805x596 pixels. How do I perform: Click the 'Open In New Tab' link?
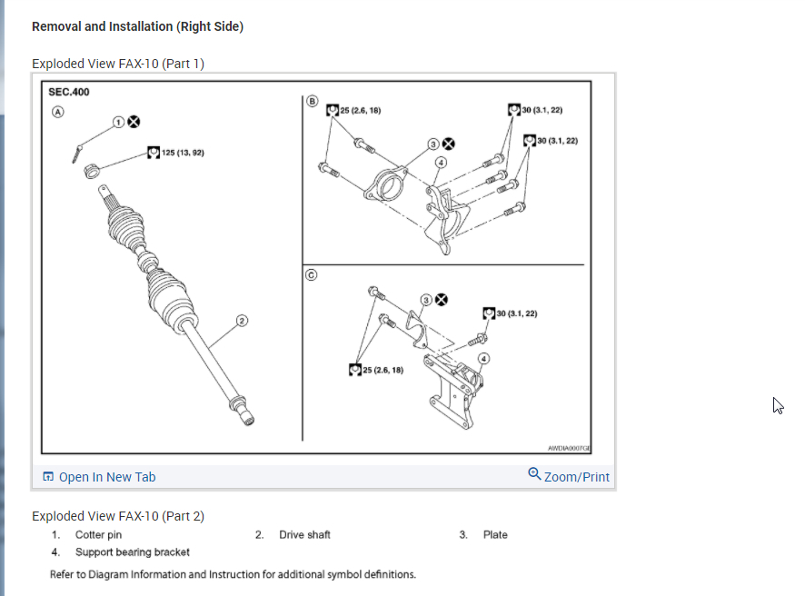click(100, 477)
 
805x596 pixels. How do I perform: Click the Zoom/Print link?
click(569, 476)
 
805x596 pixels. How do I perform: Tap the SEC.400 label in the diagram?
click(68, 93)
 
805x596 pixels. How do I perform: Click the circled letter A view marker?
click(57, 113)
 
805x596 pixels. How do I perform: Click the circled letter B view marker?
click(313, 101)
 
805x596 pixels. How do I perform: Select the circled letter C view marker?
click(312, 276)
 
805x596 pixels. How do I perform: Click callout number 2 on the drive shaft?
click(243, 320)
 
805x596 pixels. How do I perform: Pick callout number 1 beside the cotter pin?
click(118, 121)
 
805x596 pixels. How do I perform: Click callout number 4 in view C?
click(483, 358)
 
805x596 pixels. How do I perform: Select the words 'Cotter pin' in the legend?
click(98, 535)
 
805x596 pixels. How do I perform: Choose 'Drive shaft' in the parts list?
click(304, 535)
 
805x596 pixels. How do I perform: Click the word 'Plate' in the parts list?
click(495, 535)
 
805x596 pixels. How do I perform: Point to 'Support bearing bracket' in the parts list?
click(133, 551)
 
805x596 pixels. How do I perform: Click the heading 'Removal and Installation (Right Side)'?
click(137, 26)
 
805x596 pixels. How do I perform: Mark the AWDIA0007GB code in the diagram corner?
click(569, 448)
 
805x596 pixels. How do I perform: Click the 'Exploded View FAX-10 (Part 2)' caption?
click(118, 516)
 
